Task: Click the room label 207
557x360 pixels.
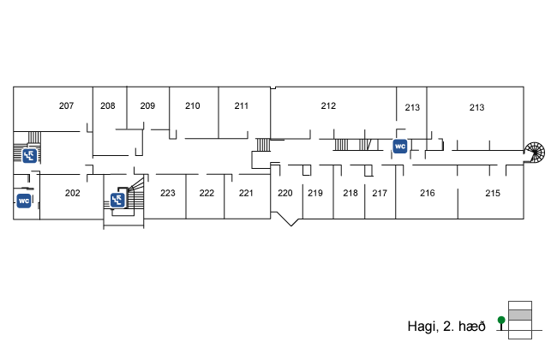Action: [66, 106]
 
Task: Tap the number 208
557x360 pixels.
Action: [107, 106]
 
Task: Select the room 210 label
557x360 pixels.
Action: [193, 106]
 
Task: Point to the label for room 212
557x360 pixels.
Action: [328, 106]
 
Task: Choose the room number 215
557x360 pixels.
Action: [493, 193]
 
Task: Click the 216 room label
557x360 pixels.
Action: [428, 193]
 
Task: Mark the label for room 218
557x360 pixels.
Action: [350, 193]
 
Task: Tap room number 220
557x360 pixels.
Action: [285, 193]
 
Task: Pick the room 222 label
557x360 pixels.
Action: [207, 193]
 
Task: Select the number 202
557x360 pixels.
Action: [73, 193]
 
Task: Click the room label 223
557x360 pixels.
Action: [168, 193]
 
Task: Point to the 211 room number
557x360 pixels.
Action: [241, 106]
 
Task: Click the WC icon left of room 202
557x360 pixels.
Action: [25, 201]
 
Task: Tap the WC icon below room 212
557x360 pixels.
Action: [399, 146]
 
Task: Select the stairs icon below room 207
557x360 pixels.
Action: [29, 155]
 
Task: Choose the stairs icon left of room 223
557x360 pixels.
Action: [118, 200]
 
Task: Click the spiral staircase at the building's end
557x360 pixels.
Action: [535, 153]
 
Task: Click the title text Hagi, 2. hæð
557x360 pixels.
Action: [446, 327]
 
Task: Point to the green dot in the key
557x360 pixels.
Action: [500, 321]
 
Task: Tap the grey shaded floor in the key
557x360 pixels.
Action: [520, 315]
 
